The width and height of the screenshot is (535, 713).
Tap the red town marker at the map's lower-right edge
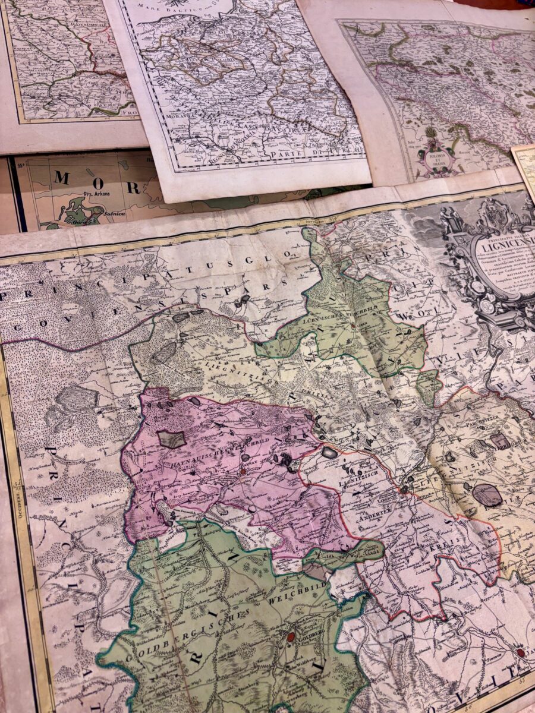click(521, 652)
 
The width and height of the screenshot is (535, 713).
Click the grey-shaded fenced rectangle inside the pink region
click(172, 438)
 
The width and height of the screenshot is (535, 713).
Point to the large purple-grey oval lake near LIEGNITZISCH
click(487, 494)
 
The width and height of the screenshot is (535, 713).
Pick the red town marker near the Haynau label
click(243, 472)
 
